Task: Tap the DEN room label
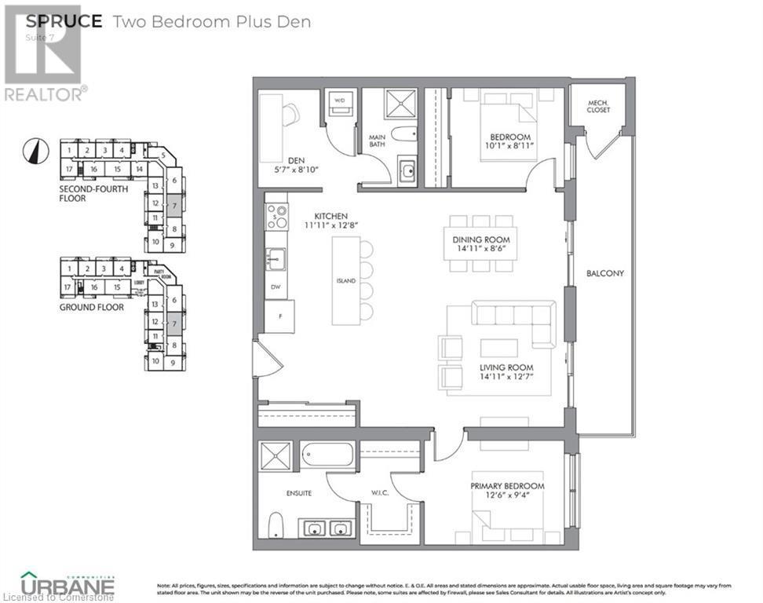click(295, 161)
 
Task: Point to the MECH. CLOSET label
click(597, 106)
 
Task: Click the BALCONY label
click(605, 273)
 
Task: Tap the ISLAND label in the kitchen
click(346, 280)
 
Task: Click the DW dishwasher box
click(275, 287)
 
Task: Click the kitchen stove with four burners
click(276, 217)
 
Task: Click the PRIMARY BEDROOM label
click(507, 486)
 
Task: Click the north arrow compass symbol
click(32, 148)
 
